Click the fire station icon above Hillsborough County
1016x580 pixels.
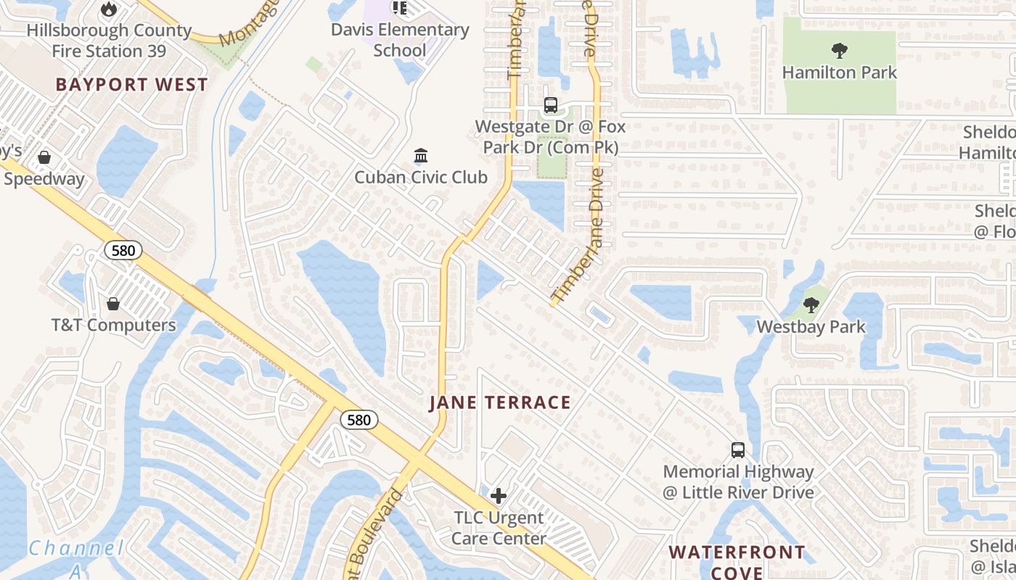pyautogui.click(x=109, y=9)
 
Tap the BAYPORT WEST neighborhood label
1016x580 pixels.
pyautogui.click(x=131, y=85)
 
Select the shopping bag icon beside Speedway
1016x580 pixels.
pyautogui.click(x=44, y=157)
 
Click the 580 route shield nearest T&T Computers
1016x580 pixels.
pyautogui.click(x=123, y=251)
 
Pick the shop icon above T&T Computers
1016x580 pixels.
pyautogui.click(x=113, y=304)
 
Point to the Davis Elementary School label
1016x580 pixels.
pyautogui.click(x=400, y=40)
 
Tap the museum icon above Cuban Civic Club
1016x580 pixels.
pyautogui.click(x=420, y=156)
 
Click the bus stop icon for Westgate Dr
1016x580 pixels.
pyautogui.click(x=551, y=105)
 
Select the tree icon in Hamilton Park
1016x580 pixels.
pyautogui.click(x=840, y=51)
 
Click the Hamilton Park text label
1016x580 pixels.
pyautogui.click(x=840, y=72)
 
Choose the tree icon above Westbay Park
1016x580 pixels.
pyautogui.click(x=811, y=305)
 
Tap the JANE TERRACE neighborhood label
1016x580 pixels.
pyautogui.click(x=500, y=403)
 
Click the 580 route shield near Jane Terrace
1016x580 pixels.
pyautogui.click(x=359, y=420)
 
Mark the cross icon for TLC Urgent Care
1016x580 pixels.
pyautogui.click(x=498, y=496)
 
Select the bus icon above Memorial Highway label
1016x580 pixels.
pyautogui.click(x=738, y=450)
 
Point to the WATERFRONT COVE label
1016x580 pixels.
pyautogui.click(x=737, y=562)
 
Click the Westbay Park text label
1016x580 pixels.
pyautogui.click(x=811, y=327)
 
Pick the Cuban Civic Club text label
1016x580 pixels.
pyautogui.click(x=421, y=178)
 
